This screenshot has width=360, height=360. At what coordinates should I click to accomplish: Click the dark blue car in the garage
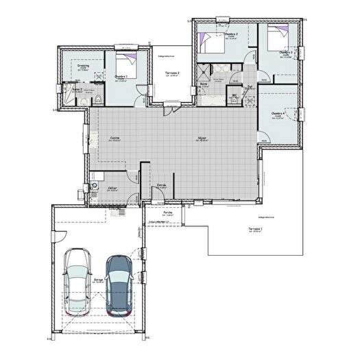tap(118, 282)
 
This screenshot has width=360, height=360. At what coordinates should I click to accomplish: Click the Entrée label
tap(163, 185)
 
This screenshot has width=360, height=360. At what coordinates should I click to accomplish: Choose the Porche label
tap(167, 213)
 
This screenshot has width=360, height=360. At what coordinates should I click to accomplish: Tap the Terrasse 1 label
tap(256, 228)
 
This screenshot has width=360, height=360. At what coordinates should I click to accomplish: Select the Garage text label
tap(99, 280)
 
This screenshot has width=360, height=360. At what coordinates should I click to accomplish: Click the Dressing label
tap(82, 67)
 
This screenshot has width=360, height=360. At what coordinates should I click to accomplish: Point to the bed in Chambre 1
tap(128, 62)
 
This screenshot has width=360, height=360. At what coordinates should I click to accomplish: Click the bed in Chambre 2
tap(211, 43)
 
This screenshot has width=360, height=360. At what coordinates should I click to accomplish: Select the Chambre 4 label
tap(278, 114)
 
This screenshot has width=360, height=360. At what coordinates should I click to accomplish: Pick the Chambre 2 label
tap(231, 34)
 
